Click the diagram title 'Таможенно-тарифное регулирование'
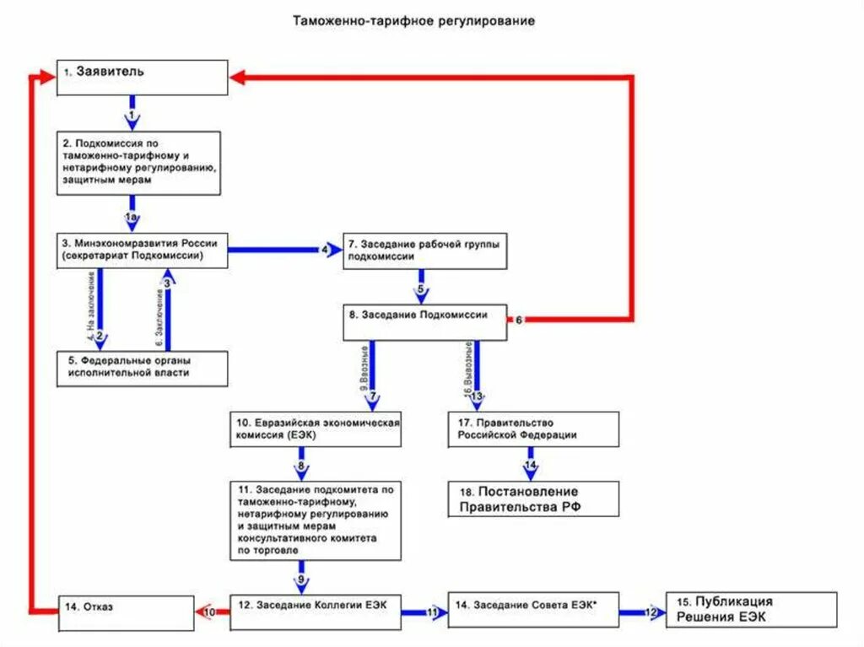[x=413, y=20]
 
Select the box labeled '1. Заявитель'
[x=143, y=77]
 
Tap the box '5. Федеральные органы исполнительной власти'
[x=143, y=369]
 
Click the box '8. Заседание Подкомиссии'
[x=424, y=321]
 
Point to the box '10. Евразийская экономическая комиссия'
[x=316, y=429]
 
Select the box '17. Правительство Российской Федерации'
[x=532, y=429]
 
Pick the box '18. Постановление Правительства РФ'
[x=532, y=499]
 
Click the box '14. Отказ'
[x=127, y=609]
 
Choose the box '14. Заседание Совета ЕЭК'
[x=532, y=609]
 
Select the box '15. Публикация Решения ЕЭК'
[x=751, y=609]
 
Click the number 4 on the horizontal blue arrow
[x=324, y=250]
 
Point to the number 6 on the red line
[x=519, y=320]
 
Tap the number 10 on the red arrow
[x=211, y=612]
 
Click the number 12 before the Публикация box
[x=651, y=612]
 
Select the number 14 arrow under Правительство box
[x=530, y=465]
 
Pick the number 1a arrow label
[x=132, y=218]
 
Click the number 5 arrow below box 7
[x=420, y=289]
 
